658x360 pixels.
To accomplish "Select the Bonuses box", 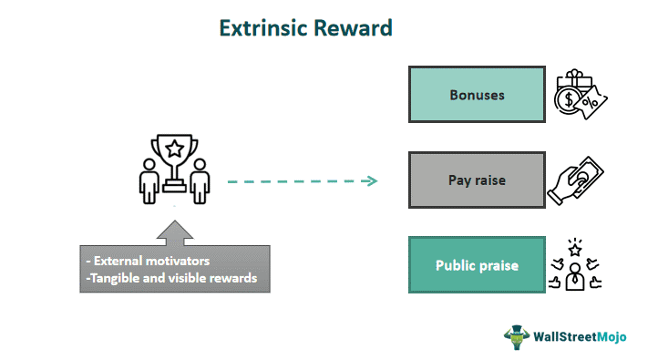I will (477, 95).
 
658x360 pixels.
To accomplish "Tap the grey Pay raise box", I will (477, 180).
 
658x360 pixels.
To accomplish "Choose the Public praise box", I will (477, 266).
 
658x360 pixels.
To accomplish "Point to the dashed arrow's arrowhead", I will (370, 180).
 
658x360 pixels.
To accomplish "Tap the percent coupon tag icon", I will (594, 104).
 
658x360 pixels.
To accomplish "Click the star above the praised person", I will (576, 247).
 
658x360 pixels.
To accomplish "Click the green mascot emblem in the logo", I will (517, 335).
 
